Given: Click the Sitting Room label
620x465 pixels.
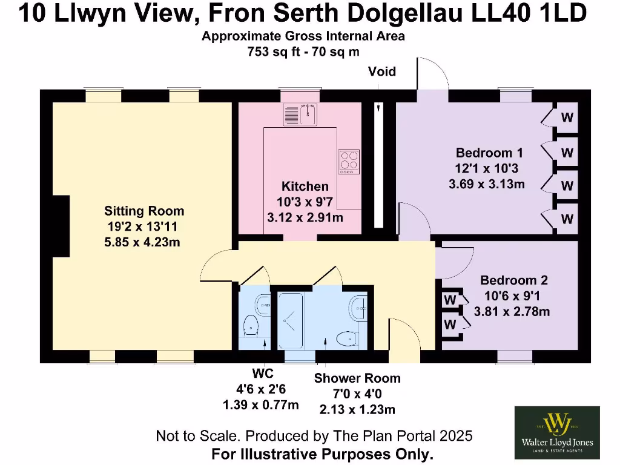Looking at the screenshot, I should (x=144, y=211).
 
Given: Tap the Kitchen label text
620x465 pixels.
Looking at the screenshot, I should (x=305, y=186).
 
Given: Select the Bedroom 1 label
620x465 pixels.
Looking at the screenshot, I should (x=489, y=152).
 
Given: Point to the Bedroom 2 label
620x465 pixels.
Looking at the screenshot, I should (x=513, y=280).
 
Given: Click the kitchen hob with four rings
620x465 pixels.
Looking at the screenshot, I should (x=349, y=162).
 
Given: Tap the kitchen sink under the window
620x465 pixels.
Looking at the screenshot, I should (x=300, y=113).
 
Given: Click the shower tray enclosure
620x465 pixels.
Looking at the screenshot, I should (x=290, y=320).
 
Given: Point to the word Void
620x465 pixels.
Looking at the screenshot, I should (x=382, y=72).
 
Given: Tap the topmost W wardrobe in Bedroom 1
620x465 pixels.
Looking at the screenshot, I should (x=567, y=117).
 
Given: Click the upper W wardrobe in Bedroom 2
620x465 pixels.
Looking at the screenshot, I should (x=450, y=300).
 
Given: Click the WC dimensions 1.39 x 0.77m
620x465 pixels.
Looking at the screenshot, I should (x=261, y=405).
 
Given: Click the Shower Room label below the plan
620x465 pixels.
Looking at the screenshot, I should (x=357, y=378).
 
